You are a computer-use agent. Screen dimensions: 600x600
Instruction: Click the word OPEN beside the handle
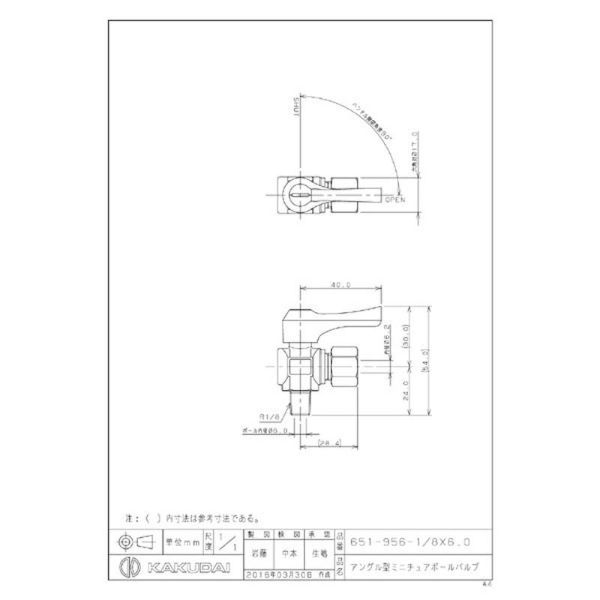[x=394, y=200]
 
